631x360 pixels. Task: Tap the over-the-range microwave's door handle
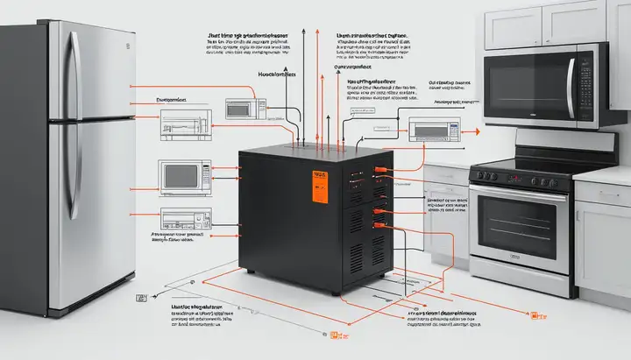[571, 88]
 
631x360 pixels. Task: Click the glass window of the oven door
[519, 224]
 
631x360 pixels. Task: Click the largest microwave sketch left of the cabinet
[183, 174]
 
